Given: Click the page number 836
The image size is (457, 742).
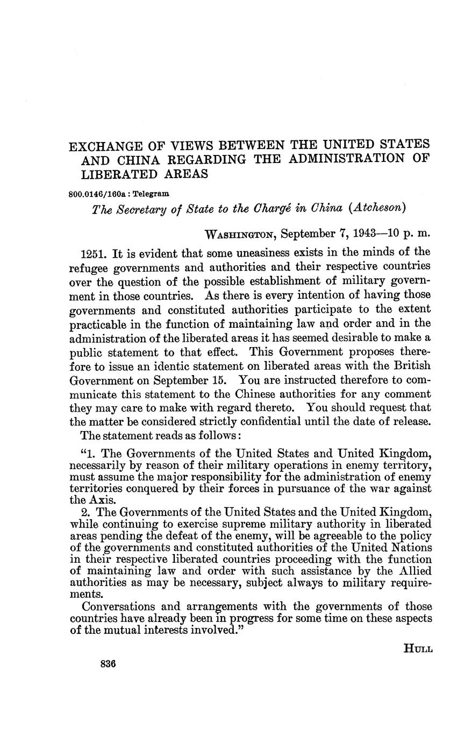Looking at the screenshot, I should click(108, 663).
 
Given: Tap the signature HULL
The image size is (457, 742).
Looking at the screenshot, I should click(418, 649).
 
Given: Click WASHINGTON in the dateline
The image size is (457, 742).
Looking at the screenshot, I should click(241, 234).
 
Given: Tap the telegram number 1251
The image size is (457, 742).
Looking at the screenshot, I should click(92, 253).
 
